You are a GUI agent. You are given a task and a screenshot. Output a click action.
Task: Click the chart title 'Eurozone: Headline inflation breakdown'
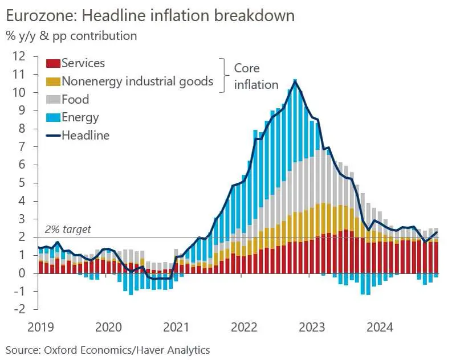coord(149,15)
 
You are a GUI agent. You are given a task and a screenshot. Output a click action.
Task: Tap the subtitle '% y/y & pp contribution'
coord(71,36)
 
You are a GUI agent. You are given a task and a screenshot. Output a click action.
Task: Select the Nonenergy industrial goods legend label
coord(137,81)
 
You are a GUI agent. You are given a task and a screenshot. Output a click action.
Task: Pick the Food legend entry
coord(75,99)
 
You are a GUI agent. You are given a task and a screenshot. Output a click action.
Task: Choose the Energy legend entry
coord(80,117)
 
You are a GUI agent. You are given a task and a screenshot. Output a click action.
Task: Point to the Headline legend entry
coord(85,136)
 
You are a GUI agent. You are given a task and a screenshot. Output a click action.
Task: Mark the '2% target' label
coord(67,230)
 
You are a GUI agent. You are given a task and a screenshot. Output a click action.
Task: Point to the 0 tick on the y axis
coord(23,273)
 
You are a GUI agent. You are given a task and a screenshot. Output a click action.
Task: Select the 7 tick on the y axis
coord(23,146)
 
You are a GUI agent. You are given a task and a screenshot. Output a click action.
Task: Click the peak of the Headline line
coord(295,81)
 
